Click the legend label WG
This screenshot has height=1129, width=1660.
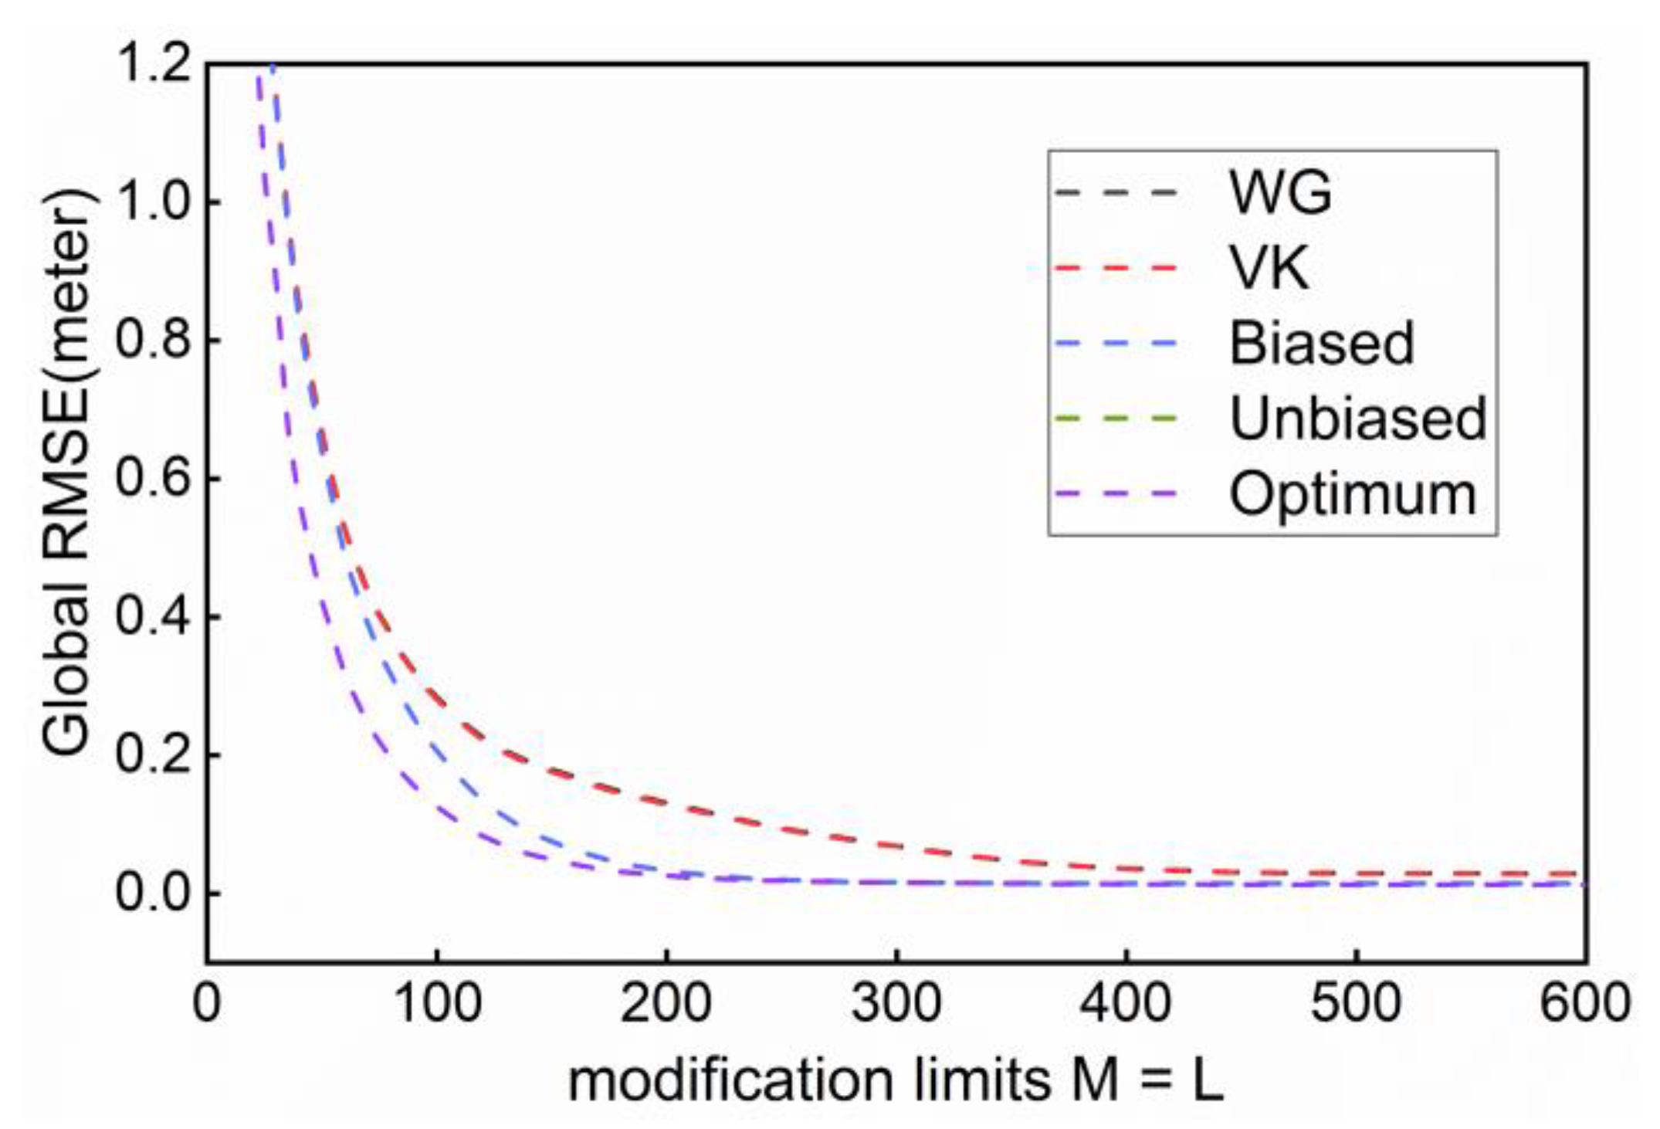tap(1280, 192)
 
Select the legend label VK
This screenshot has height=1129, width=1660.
tap(1269, 268)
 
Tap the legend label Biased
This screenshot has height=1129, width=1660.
tap(1321, 343)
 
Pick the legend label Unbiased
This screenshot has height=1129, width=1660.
tap(1357, 419)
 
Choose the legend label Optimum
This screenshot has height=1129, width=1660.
tap(1352, 494)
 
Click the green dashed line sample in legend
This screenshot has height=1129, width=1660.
tap(1116, 419)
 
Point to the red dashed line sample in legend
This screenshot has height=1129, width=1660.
tap(1116, 268)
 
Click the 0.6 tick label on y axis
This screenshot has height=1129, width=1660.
tap(153, 478)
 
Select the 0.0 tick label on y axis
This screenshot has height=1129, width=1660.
tap(153, 893)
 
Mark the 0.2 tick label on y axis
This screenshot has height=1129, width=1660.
tap(153, 754)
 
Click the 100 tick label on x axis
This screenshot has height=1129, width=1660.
tap(437, 1004)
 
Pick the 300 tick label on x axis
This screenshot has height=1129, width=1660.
tap(896, 1004)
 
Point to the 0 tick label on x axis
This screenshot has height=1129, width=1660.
tap(206, 1004)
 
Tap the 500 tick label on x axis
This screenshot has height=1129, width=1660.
tap(1356, 1004)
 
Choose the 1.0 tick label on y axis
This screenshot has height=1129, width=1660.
tap(153, 202)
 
